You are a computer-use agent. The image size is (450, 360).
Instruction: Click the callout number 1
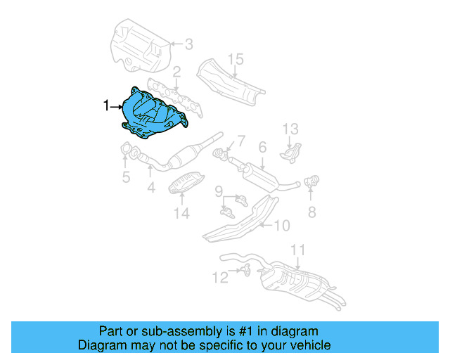(x=106, y=106)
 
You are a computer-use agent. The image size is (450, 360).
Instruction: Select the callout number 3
(x=188, y=44)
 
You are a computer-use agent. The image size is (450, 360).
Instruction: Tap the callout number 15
(x=235, y=58)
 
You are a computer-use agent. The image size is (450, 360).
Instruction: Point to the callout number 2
(x=177, y=71)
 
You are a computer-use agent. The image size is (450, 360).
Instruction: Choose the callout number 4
(x=150, y=188)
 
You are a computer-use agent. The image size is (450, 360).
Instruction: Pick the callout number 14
(x=182, y=212)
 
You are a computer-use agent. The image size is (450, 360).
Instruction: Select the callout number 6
(x=262, y=148)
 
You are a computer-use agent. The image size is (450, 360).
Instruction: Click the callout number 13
(x=291, y=129)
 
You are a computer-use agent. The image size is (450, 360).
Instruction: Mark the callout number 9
(x=219, y=191)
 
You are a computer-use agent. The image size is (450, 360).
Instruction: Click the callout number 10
(x=281, y=226)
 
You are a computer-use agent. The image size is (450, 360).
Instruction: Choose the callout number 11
(x=298, y=250)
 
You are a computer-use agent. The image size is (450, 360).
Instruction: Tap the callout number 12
(x=220, y=278)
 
